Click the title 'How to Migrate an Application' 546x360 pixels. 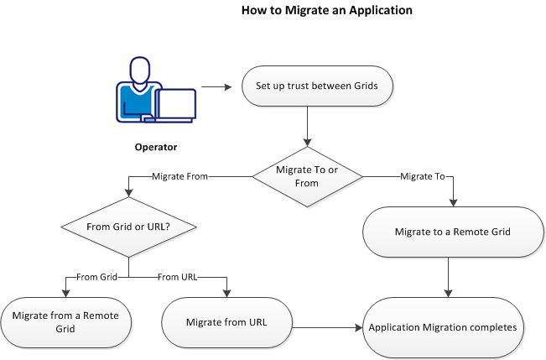(315, 12)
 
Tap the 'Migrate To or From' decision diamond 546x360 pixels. (308, 177)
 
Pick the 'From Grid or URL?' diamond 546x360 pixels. (128, 227)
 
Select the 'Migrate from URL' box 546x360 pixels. (226, 322)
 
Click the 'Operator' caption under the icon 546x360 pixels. (156, 148)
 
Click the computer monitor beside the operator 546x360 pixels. (175, 104)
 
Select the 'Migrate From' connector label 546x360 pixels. (180, 177)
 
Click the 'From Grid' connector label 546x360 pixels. (97, 277)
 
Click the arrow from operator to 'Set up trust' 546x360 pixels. (216, 85)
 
